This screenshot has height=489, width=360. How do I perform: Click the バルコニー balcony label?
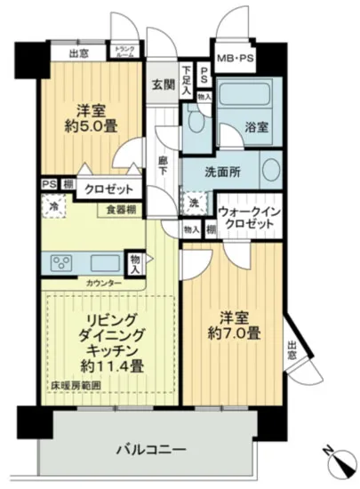150,449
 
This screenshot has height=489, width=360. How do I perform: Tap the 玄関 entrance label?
162,85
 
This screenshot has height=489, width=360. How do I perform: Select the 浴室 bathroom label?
258,129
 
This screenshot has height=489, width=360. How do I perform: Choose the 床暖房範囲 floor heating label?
68,385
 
